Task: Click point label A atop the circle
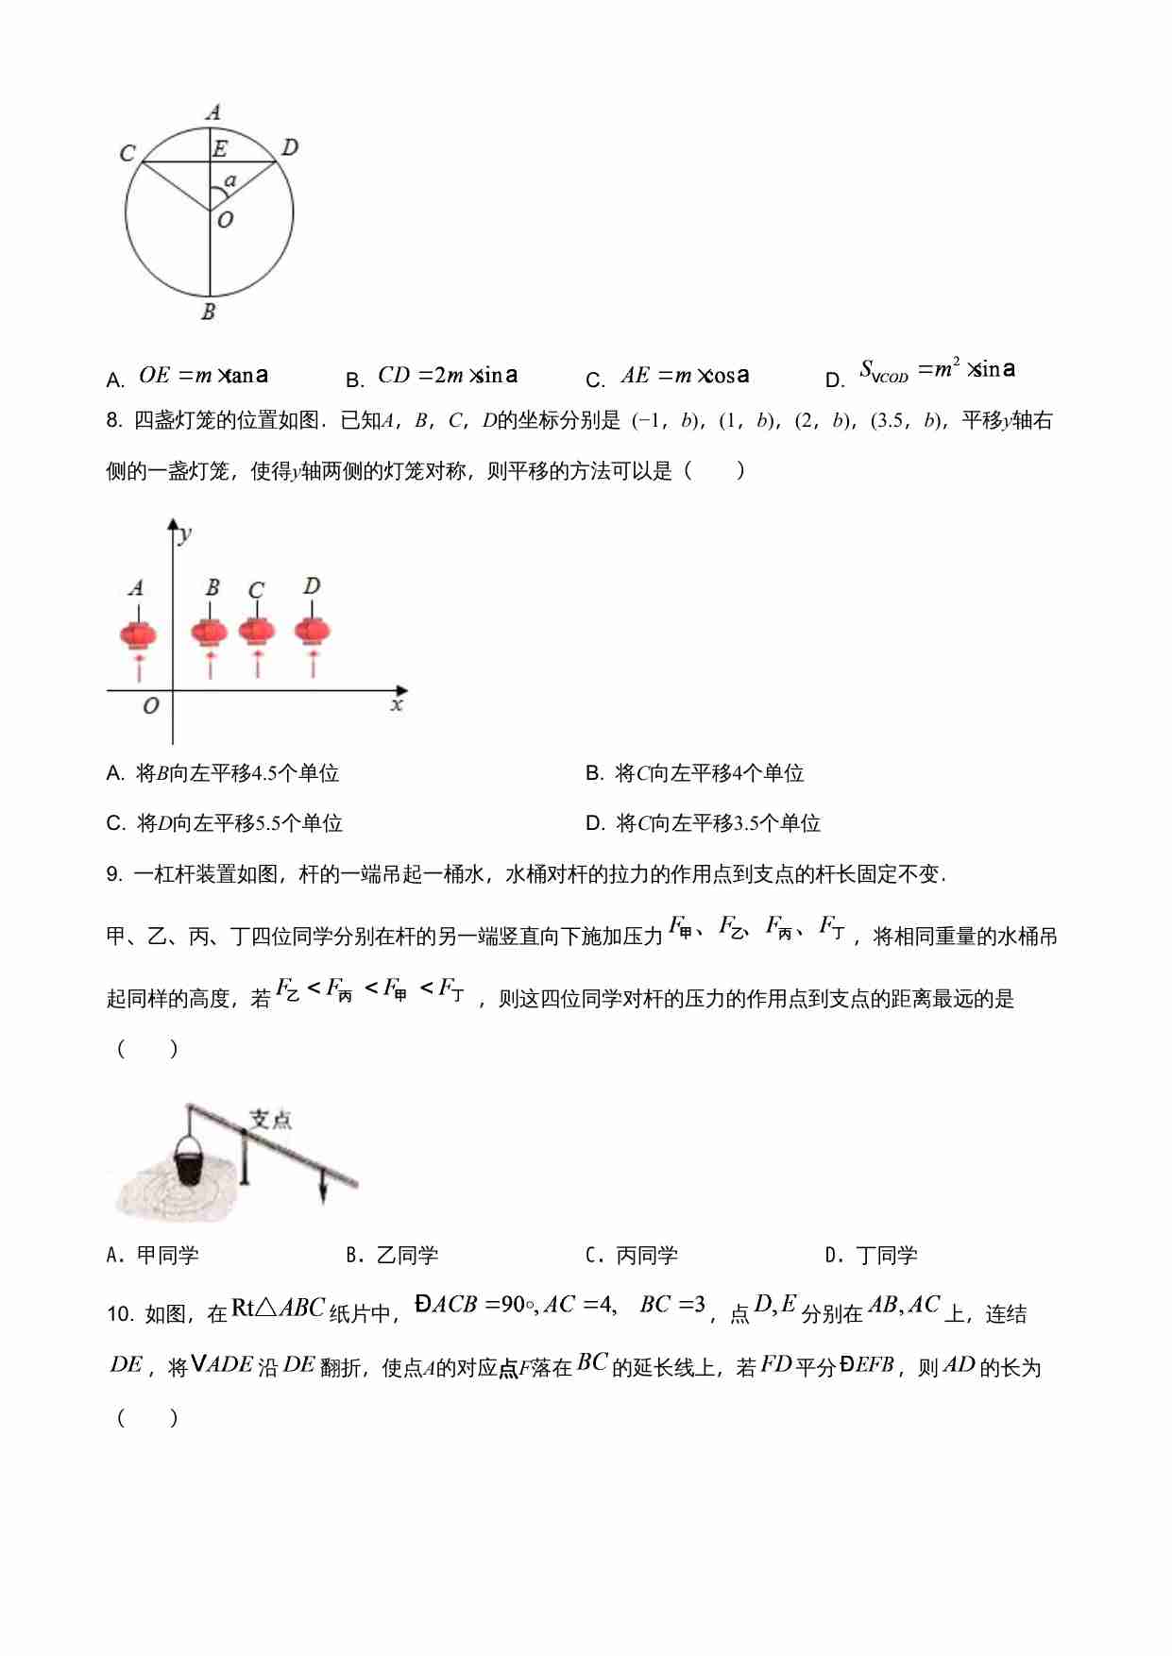(213, 112)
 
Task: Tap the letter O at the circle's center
(225, 220)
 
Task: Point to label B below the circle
(209, 312)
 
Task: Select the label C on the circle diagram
(127, 153)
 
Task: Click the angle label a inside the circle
(230, 180)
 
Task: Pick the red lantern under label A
(138, 634)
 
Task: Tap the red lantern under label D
(313, 630)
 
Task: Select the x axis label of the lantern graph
(397, 705)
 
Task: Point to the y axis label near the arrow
(185, 534)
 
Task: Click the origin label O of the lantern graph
(150, 706)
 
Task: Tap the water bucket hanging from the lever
(189, 1162)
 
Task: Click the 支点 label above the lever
(270, 1120)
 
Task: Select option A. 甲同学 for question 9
(153, 1256)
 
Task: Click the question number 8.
(114, 421)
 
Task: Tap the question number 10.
(119, 1314)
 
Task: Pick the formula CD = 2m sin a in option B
(448, 375)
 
